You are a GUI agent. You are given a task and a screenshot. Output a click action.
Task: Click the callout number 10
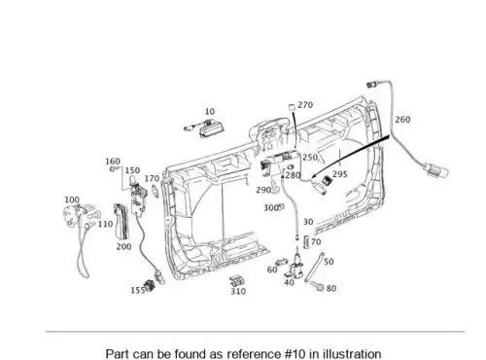tap(210, 111)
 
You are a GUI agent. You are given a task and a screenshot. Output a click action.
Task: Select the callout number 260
tap(402, 120)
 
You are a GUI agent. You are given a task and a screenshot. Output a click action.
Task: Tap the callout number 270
tap(305, 105)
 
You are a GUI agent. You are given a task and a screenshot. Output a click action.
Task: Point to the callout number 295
tap(340, 174)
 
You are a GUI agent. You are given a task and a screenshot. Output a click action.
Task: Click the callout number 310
tap(238, 291)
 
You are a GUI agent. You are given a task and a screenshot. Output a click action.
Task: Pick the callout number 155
tap(138, 290)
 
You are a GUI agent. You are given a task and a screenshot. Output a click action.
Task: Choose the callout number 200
tap(123, 246)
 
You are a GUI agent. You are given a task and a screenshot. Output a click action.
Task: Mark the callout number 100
tap(72, 199)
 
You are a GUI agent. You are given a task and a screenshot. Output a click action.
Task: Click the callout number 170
tap(152, 178)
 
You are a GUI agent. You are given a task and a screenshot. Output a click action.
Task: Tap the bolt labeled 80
tap(317, 286)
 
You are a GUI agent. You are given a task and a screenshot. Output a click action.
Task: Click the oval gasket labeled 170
tap(156, 191)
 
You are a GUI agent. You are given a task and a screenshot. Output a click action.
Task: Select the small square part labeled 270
tap(292, 107)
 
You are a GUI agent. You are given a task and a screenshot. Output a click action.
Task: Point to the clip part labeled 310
tap(237, 281)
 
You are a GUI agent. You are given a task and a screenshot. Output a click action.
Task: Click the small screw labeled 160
tap(113, 168)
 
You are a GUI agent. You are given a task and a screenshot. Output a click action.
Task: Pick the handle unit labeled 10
tap(204, 127)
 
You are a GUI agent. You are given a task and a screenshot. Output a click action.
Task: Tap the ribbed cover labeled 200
tap(121, 221)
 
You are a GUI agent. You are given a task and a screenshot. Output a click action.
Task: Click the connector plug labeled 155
tap(151, 285)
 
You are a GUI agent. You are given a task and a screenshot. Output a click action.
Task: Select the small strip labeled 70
tap(306, 242)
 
